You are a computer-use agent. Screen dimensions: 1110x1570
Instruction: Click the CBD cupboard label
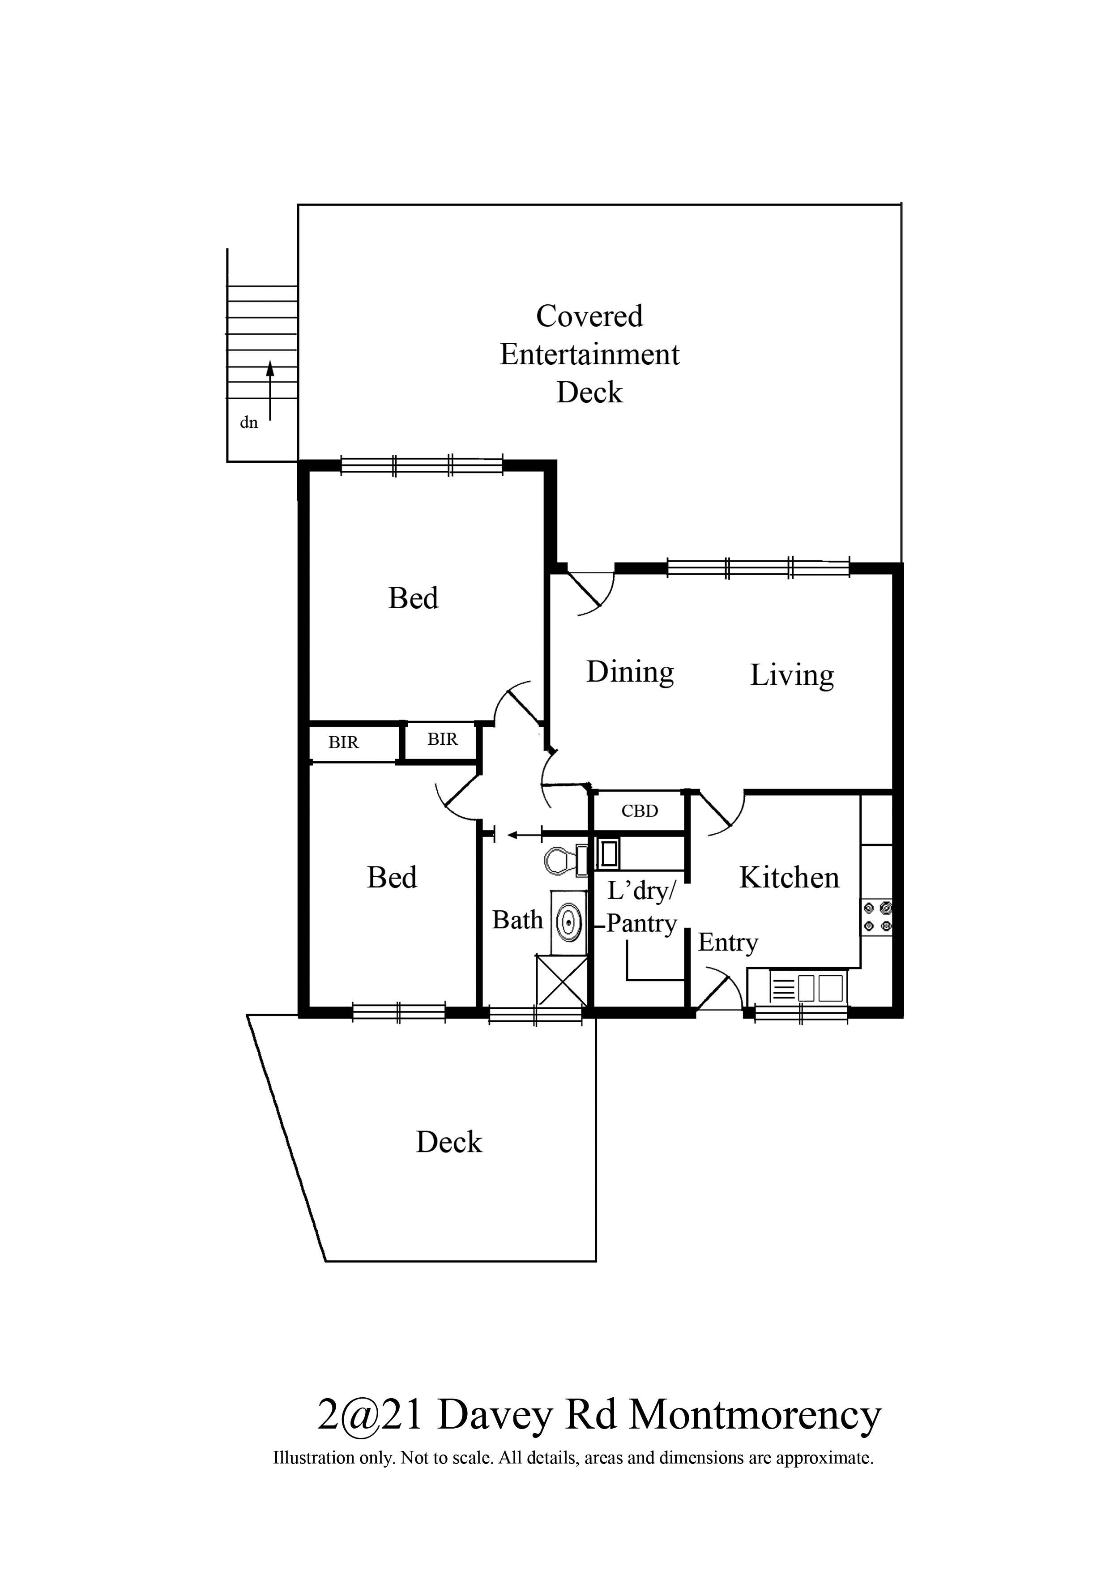pyautogui.click(x=640, y=811)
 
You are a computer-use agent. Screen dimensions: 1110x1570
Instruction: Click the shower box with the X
pyautogui.click(x=562, y=981)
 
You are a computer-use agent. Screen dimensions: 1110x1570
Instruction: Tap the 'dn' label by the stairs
pyautogui.click(x=248, y=422)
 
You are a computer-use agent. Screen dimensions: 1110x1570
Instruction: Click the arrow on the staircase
pyautogui.click(x=270, y=390)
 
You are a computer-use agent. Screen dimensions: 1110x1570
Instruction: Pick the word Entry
pyautogui.click(x=728, y=943)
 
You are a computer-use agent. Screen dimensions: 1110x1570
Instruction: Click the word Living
pyautogui.click(x=792, y=676)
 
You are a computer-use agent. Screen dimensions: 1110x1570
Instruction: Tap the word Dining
pyautogui.click(x=630, y=672)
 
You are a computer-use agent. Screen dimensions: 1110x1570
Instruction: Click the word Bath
pyautogui.click(x=518, y=921)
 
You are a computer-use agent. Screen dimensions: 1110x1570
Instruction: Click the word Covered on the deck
pyautogui.click(x=589, y=316)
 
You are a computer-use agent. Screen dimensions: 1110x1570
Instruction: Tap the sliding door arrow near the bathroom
pyautogui.click(x=524, y=835)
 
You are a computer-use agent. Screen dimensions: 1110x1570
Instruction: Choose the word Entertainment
pyautogui.click(x=589, y=354)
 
